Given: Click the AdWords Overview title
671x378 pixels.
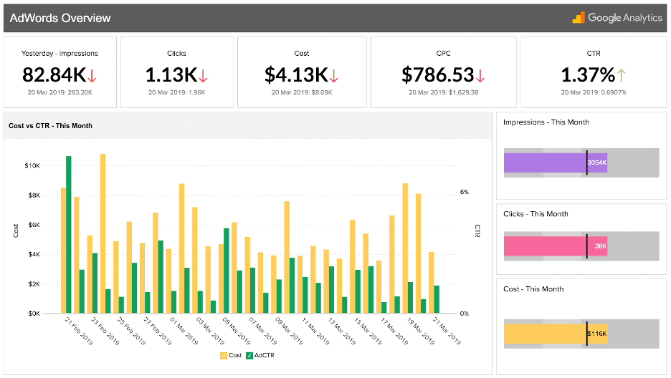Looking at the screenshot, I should tap(60, 18).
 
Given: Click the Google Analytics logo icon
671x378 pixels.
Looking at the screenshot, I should tap(578, 18).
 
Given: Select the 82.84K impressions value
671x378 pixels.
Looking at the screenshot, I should tap(54, 74).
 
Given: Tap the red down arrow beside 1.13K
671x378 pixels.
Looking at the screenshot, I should tap(203, 75).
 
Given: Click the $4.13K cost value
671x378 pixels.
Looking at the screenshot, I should tap(296, 74).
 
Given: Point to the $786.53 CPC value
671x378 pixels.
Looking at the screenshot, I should tap(437, 74).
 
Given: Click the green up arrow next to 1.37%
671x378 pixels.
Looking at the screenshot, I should tap(621, 75).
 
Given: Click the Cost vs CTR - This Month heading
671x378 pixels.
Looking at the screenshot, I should tap(50, 125).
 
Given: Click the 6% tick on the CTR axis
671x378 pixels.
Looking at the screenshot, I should tap(464, 192).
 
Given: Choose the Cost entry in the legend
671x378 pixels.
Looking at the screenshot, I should tap(231, 355).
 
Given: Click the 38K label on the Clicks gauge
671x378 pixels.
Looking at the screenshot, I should tap(600, 246).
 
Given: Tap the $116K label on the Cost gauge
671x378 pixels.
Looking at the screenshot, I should tap(596, 334).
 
